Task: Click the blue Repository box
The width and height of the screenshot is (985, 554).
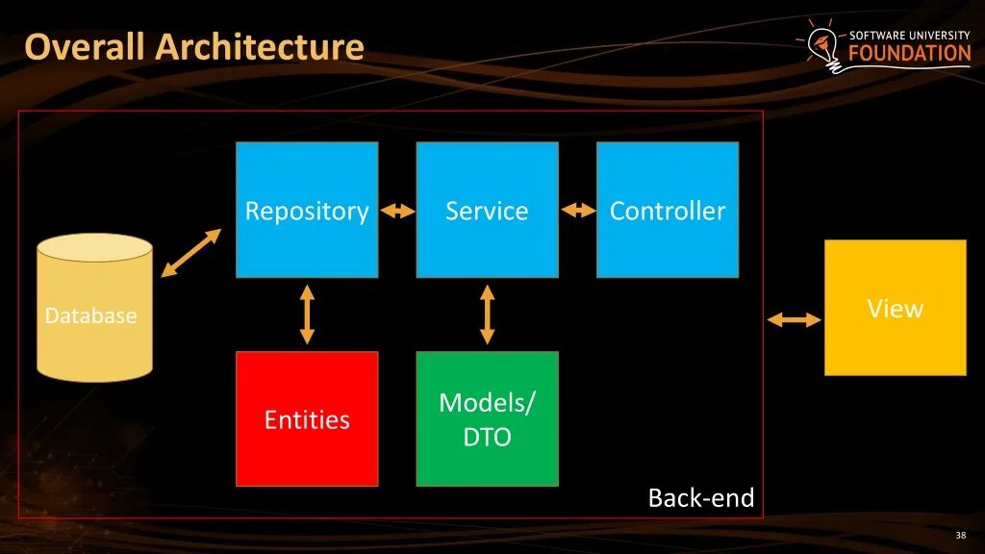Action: [x=307, y=210]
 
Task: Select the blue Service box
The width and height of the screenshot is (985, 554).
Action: [x=487, y=210]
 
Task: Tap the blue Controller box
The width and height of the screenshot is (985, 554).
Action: [x=668, y=210]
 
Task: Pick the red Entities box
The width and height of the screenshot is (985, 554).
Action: [x=307, y=418]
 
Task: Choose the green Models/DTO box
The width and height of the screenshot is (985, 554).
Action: [x=487, y=418]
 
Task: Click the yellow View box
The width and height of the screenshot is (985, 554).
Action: [x=895, y=308]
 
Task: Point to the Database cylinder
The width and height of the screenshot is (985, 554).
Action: [x=94, y=308]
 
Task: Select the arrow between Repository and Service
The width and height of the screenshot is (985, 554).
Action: [x=397, y=211]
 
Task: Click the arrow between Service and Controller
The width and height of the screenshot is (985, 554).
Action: [x=578, y=211]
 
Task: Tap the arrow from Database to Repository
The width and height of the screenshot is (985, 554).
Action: [x=190, y=253]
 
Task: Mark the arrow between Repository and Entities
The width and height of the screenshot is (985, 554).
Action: [x=307, y=315]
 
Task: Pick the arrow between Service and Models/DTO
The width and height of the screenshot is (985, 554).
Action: [x=487, y=315]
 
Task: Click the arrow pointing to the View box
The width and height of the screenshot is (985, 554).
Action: [x=794, y=320]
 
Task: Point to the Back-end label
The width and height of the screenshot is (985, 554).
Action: [x=701, y=498]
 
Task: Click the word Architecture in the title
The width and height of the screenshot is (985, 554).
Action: [x=261, y=46]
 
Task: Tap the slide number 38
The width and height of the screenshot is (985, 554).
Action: [x=960, y=536]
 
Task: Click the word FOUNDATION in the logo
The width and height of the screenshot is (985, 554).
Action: [x=909, y=54]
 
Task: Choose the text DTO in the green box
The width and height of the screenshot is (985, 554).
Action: [x=487, y=438]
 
